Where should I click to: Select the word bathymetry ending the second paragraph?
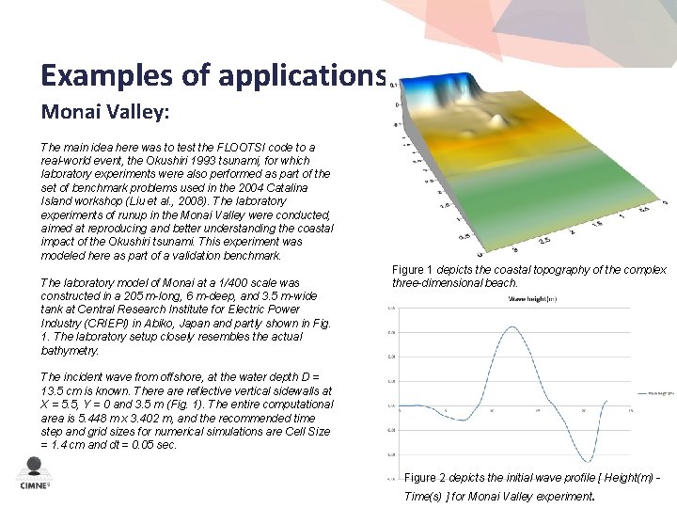pos(70,350)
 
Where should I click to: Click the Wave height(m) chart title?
pos(532,299)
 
